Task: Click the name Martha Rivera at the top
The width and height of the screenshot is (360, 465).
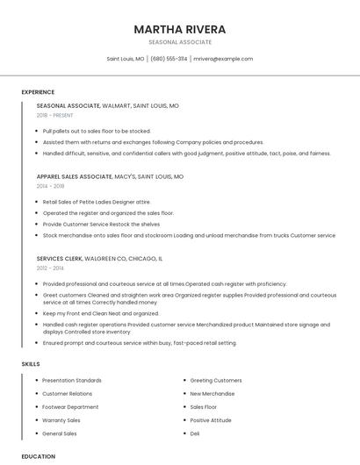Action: click(x=180, y=29)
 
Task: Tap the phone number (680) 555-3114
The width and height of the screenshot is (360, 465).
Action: click(x=169, y=59)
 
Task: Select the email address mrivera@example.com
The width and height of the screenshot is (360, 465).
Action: click(x=223, y=59)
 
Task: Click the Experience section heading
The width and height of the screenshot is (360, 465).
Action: click(x=38, y=92)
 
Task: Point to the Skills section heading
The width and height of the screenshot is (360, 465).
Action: click(x=31, y=363)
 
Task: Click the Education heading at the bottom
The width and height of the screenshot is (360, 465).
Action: click(x=39, y=456)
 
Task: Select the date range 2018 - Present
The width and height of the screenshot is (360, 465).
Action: click(x=55, y=115)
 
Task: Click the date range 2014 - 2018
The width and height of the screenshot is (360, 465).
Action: click(x=51, y=186)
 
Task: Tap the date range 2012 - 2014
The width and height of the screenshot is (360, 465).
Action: click(x=50, y=268)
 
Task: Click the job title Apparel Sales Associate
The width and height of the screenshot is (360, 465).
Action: click(x=75, y=176)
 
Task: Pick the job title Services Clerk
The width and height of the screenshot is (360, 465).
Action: click(x=61, y=259)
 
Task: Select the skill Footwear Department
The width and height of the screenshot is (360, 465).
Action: click(x=70, y=407)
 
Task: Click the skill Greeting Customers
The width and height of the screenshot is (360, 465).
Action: click(x=216, y=380)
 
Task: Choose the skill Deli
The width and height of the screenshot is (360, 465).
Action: click(x=195, y=433)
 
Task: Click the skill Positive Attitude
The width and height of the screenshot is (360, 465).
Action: click(x=211, y=420)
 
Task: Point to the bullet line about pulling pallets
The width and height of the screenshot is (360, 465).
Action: click(x=97, y=131)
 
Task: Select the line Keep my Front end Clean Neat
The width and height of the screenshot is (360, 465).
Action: click(x=100, y=313)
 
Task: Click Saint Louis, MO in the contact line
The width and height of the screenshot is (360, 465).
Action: click(x=126, y=59)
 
